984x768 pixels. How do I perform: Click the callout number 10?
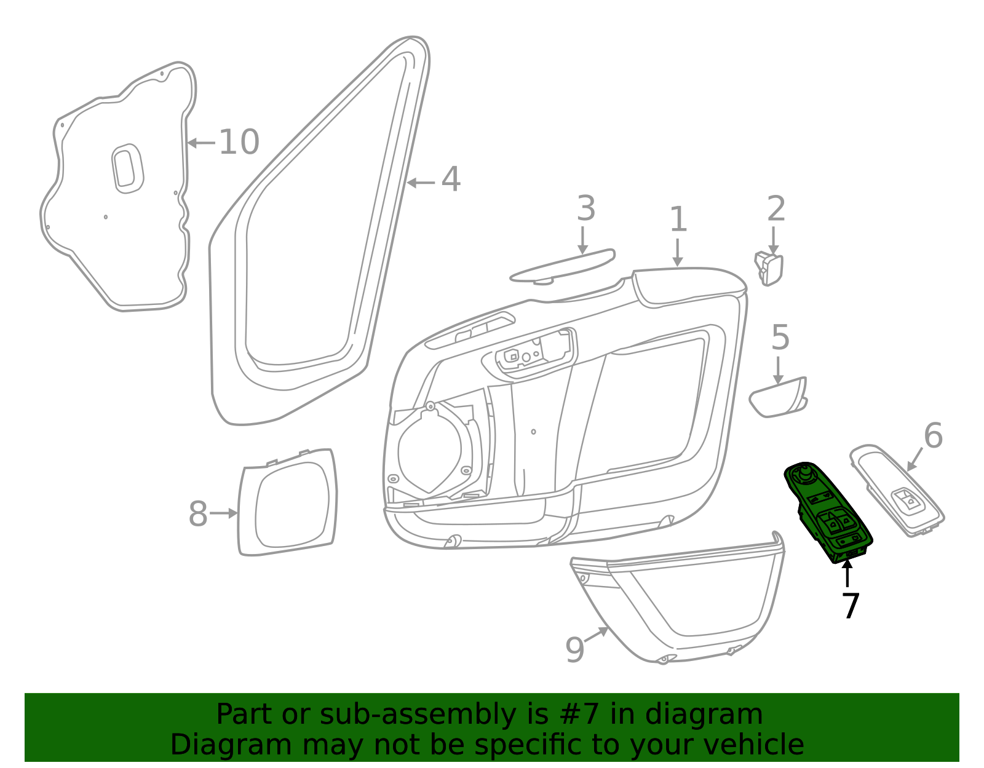point(239,142)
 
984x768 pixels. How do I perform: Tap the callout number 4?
point(451,180)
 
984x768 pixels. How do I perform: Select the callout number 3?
point(585,209)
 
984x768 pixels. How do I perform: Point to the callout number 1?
point(678,220)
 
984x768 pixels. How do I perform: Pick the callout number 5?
point(780,338)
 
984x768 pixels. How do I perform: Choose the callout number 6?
point(933,436)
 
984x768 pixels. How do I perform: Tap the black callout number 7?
point(850,606)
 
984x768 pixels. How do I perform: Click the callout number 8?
point(198,514)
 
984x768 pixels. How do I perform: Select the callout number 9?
point(574,650)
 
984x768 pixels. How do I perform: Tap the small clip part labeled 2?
point(769,269)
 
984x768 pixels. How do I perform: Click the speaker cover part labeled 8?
point(288,503)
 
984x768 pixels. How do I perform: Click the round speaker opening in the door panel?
point(430,451)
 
